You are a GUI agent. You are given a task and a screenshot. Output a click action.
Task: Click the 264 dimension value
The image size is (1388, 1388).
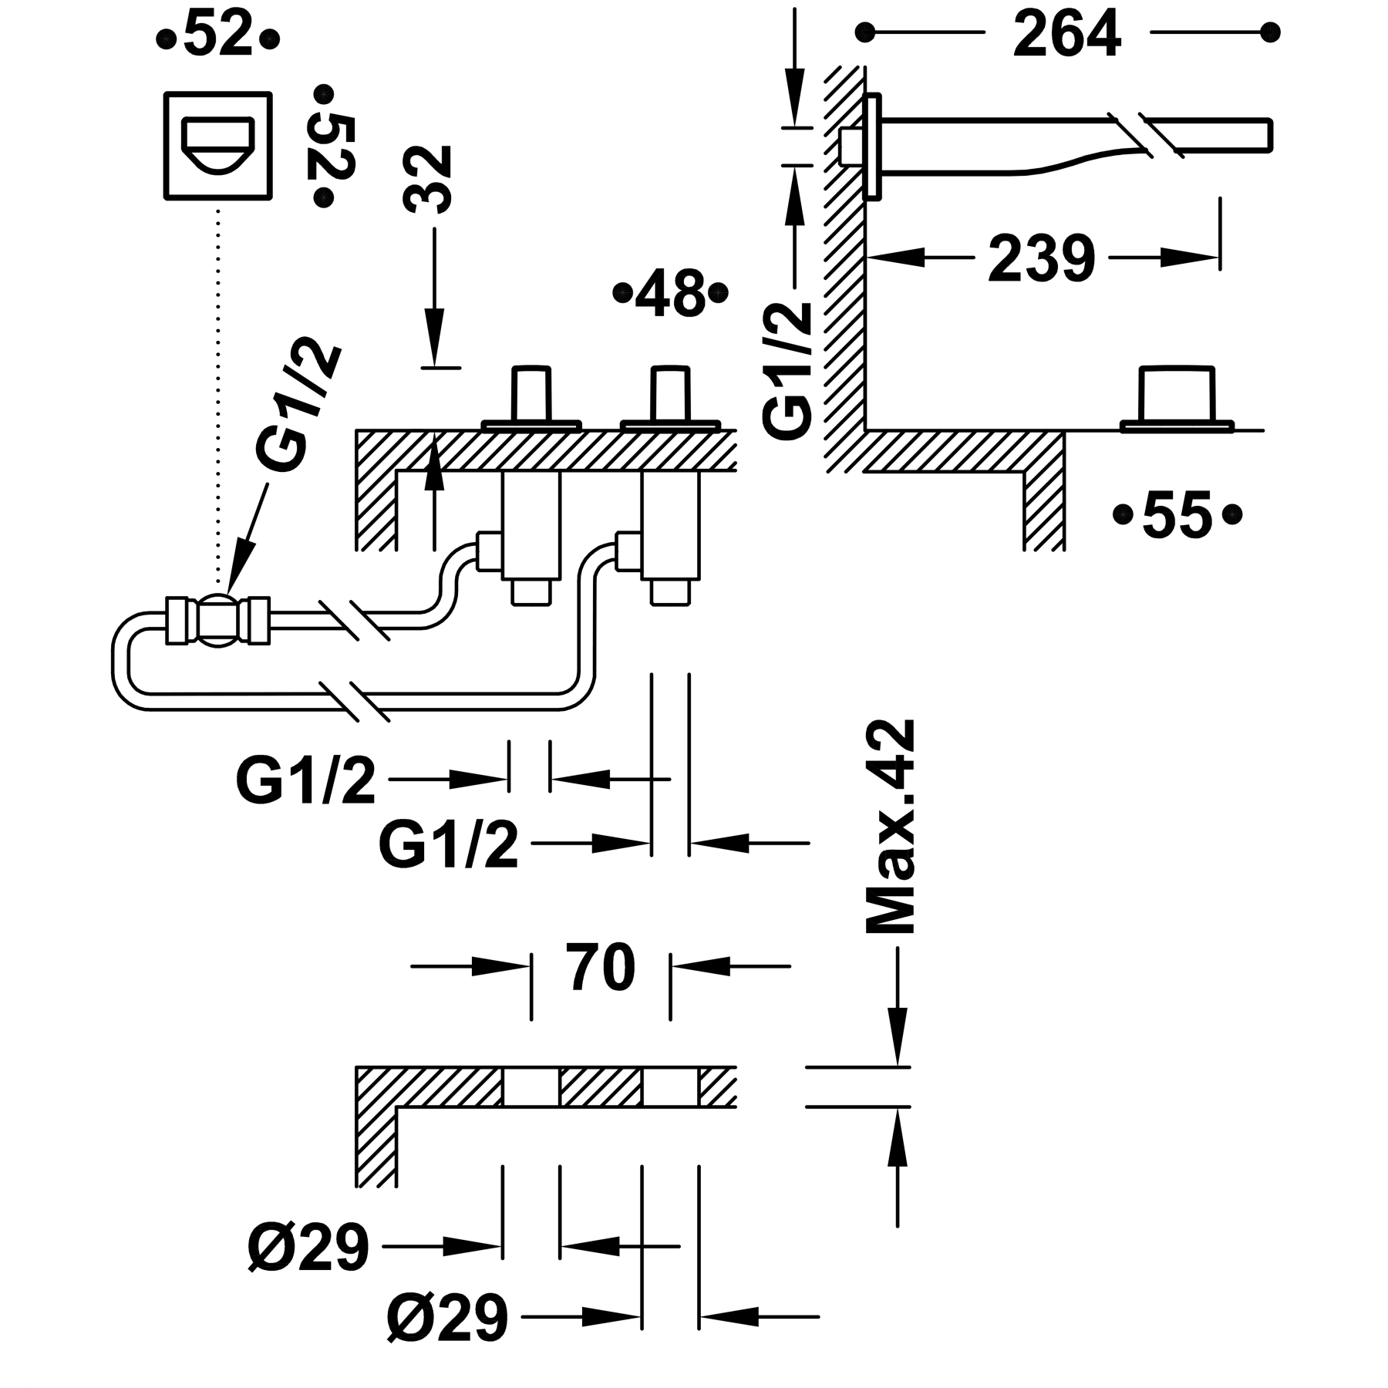1066,35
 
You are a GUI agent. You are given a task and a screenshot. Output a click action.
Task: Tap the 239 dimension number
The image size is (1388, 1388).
1041,258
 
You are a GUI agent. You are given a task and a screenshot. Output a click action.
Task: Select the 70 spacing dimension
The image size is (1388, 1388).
601,966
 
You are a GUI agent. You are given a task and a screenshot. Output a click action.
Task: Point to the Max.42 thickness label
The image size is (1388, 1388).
891,827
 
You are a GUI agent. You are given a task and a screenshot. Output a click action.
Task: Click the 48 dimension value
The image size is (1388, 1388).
669,292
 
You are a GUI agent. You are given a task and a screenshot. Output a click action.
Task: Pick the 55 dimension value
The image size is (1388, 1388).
1177,514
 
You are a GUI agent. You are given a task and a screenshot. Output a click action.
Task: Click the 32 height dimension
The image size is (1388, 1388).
427,179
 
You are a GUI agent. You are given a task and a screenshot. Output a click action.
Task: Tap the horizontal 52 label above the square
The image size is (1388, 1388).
218,35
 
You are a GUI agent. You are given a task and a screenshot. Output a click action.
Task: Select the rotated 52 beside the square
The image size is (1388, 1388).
333,147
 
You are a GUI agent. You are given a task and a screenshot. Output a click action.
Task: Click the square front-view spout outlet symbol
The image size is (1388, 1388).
218,146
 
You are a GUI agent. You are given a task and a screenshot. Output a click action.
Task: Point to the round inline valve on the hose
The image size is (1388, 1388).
218,619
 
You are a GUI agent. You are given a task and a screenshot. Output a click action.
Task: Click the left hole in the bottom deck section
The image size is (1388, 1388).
531,1087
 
